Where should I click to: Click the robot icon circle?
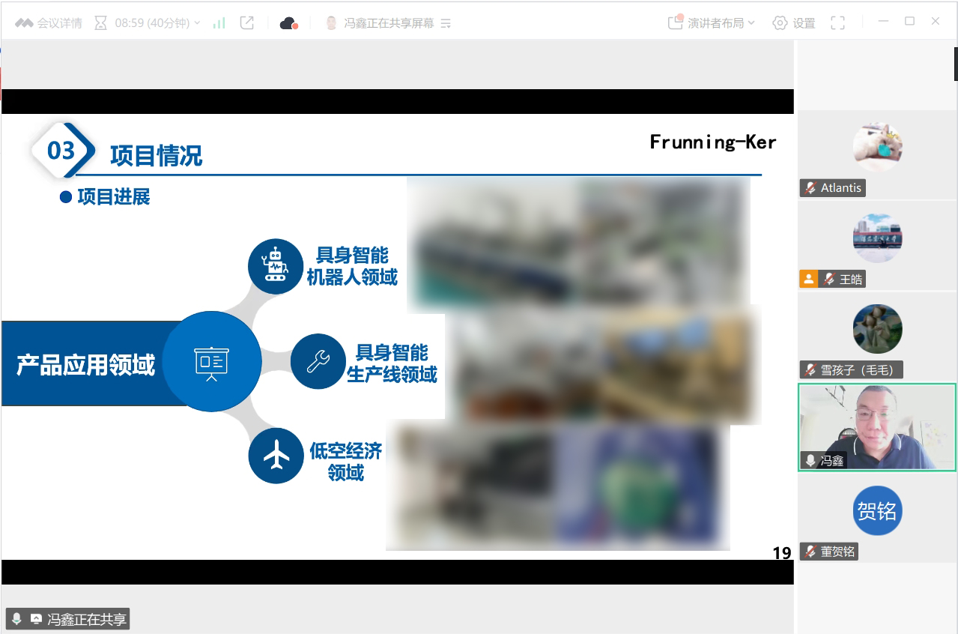pos(276,266)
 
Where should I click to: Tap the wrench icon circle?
pos(318,361)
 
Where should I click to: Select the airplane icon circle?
pos(276,456)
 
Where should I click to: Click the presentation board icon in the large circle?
pos(212,363)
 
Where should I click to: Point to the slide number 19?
pos(782,553)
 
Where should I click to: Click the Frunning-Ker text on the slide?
pos(712,142)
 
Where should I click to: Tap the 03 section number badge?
pos(63,150)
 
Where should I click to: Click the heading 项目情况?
pos(156,155)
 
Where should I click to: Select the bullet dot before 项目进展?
pos(65,197)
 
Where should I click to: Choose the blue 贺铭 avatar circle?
pos(877,510)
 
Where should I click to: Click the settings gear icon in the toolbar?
pos(780,22)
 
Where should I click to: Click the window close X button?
pos(936,21)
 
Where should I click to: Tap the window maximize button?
pos(909,21)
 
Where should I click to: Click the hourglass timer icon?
pos(100,22)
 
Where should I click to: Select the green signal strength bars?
pos(219,22)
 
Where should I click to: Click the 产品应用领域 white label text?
pos(85,365)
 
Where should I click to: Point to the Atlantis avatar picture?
pos(877,146)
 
